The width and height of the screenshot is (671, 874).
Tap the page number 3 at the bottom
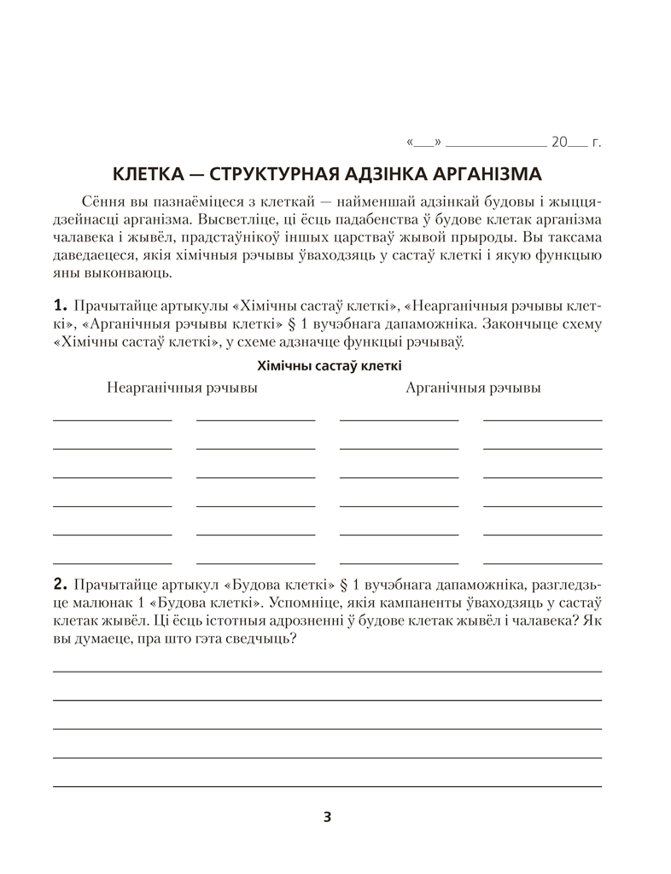[328, 817]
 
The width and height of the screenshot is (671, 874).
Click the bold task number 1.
[59, 306]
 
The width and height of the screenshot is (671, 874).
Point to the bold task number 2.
[59, 585]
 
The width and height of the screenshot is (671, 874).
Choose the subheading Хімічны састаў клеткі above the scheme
[329, 365]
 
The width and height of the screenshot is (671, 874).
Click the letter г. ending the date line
[596, 143]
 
